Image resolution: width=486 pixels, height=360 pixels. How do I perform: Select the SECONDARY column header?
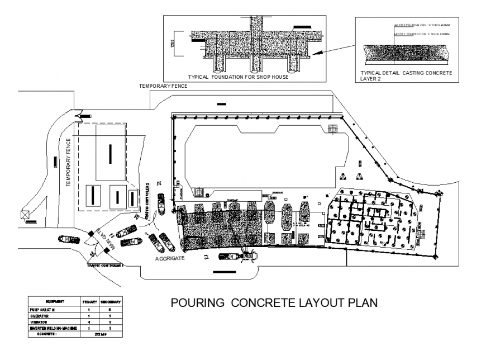(x=111, y=301)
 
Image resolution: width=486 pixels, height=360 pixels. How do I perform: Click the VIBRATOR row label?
(x=40, y=322)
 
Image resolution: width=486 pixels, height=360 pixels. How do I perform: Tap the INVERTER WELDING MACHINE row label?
(x=53, y=328)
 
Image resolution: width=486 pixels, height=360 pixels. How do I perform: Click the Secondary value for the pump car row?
(x=111, y=309)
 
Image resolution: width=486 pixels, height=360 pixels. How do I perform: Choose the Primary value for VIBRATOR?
(x=89, y=322)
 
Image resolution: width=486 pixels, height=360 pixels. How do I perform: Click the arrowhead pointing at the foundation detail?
(x=316, y=54)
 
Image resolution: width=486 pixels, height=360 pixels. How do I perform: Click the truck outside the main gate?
(x=68, y=239)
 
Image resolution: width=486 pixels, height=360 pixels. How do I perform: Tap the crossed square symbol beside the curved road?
(x=24, y=214)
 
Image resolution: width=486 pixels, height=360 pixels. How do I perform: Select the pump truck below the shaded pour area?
(x=238, y=257)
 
